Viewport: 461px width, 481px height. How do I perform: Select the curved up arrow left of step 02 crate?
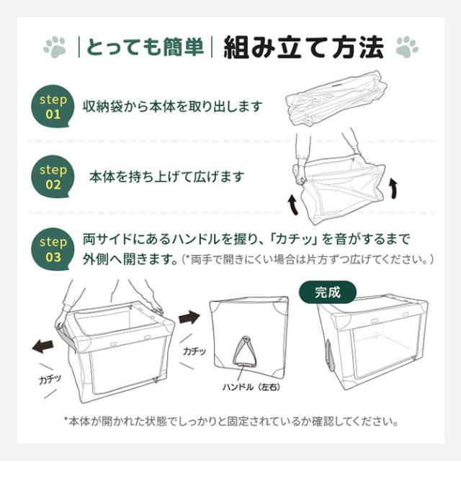point(293,205)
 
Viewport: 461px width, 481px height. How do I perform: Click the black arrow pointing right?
point(189,316)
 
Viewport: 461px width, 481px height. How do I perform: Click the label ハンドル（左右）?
point(252,387)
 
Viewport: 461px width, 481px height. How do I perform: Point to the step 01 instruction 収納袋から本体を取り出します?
point(172,107)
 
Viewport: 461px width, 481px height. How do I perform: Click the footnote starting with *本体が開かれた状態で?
point(230,421)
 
